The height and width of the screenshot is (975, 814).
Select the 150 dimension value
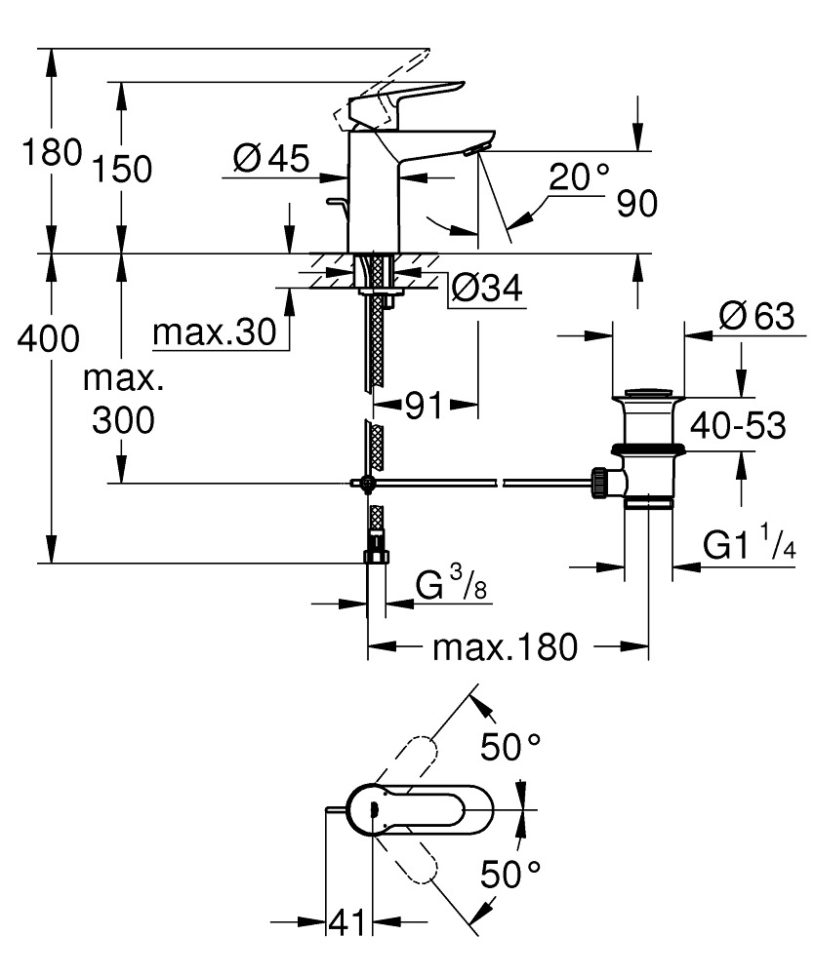point(123,169)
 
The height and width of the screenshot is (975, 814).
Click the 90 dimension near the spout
point(636,204)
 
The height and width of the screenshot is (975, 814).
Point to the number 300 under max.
point(124,420)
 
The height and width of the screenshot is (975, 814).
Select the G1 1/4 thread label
point(750,547)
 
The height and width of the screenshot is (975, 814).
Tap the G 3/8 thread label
point(453,587)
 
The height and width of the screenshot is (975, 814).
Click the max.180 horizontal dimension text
point(506,646)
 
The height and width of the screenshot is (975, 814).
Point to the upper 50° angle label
point(510,748)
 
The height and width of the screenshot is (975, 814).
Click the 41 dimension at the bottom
point(346,920)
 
